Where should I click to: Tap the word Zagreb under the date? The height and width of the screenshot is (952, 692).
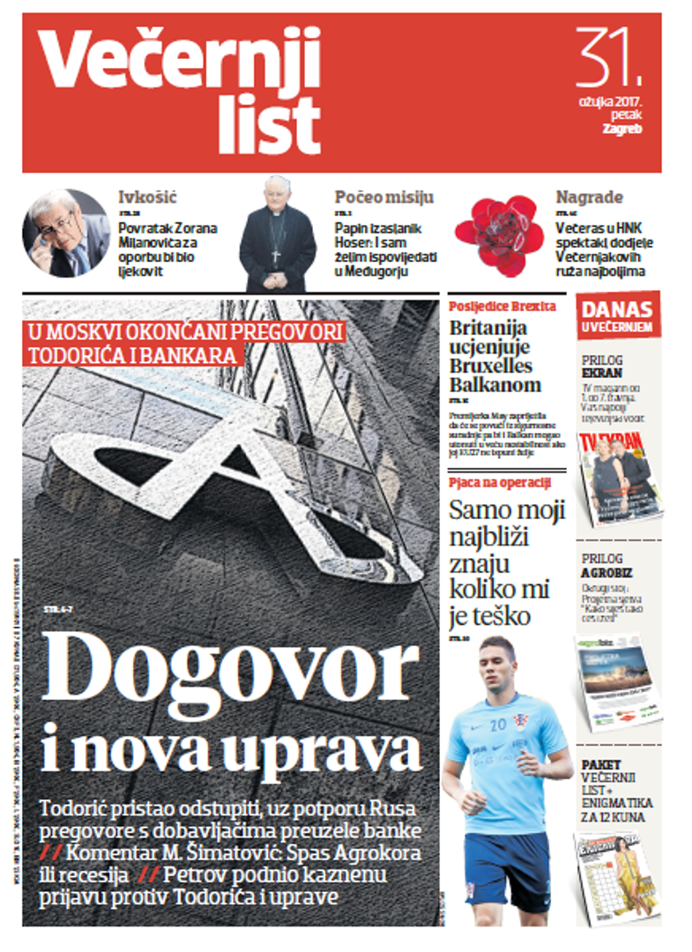click(621, 129)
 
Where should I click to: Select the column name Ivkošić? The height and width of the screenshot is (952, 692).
click(147, 197)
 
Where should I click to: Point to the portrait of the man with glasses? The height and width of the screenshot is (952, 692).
click(66, 234)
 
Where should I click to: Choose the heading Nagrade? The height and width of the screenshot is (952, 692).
click(589, 197)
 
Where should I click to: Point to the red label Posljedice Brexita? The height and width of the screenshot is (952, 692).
click(502, 307)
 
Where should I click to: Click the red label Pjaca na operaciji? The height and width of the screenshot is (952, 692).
click(500, 481)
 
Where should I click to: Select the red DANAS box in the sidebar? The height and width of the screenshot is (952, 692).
click(617, 316)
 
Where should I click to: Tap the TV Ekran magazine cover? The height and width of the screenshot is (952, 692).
click(618, 476)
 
